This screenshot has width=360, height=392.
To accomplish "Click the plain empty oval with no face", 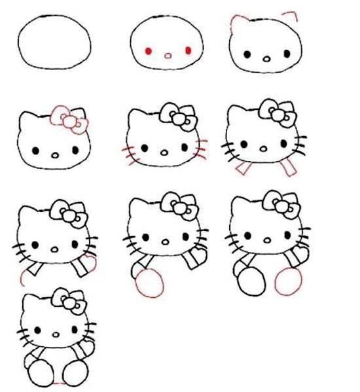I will [55, 43].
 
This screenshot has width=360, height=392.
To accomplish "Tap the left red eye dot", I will [149, 50].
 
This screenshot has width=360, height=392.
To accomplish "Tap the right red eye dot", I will [189, 50].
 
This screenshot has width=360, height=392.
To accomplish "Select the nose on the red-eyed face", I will [168, 56].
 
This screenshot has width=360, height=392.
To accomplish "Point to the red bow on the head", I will [68, 118].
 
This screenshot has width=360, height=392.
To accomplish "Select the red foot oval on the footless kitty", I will [151, 283].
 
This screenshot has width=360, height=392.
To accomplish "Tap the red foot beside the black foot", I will [288, 282].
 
